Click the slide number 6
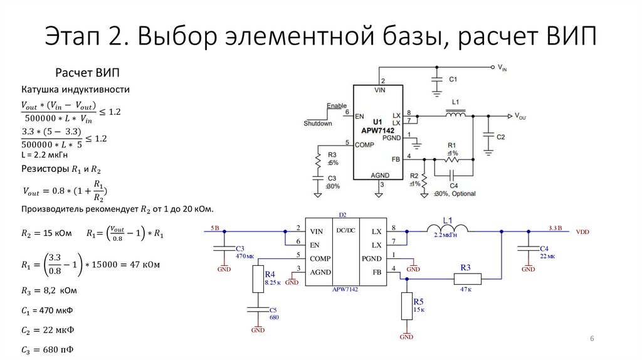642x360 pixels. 592,339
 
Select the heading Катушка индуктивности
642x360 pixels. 75,90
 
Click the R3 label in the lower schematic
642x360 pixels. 465,268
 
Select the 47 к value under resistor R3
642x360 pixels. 465,290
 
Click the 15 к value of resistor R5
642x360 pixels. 419,310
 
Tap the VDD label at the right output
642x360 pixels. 582,231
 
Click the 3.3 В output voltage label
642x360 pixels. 555,227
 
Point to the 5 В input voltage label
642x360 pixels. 215,227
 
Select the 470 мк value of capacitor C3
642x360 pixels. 245,257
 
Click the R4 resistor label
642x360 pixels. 270,275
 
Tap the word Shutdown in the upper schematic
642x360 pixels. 318,124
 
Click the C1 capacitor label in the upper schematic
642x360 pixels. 453,80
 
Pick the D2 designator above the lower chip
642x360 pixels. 342,215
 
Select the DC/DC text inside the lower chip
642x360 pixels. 345,230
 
